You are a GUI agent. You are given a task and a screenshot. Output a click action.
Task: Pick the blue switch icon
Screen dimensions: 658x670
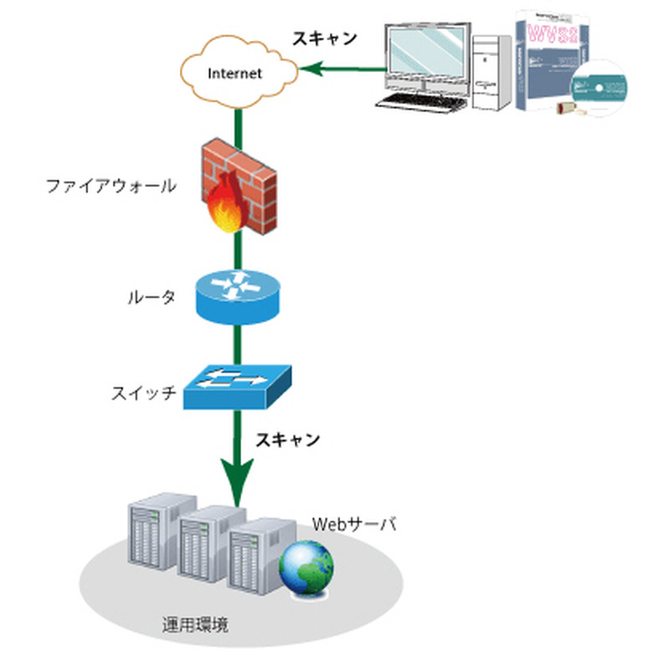(x=238, y=386)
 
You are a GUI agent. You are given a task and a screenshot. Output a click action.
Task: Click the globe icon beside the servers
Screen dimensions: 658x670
(x=307, y=566)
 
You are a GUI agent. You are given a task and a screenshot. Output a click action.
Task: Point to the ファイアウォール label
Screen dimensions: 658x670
(x=111, y=185)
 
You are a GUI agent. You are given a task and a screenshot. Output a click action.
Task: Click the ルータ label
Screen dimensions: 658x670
(x=152, y=296)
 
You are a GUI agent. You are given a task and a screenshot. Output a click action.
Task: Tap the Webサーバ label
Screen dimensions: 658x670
(x=353, y=525)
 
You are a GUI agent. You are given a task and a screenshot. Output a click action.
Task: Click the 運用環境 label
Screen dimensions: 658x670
(x=195, y=625)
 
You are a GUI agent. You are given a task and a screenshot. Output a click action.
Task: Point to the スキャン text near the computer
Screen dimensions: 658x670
(x=324, y=38)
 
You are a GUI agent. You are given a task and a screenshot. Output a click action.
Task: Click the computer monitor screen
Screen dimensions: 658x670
(x=425, y=52)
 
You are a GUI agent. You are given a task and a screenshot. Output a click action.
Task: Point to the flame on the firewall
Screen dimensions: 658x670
(x=227, y=206)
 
